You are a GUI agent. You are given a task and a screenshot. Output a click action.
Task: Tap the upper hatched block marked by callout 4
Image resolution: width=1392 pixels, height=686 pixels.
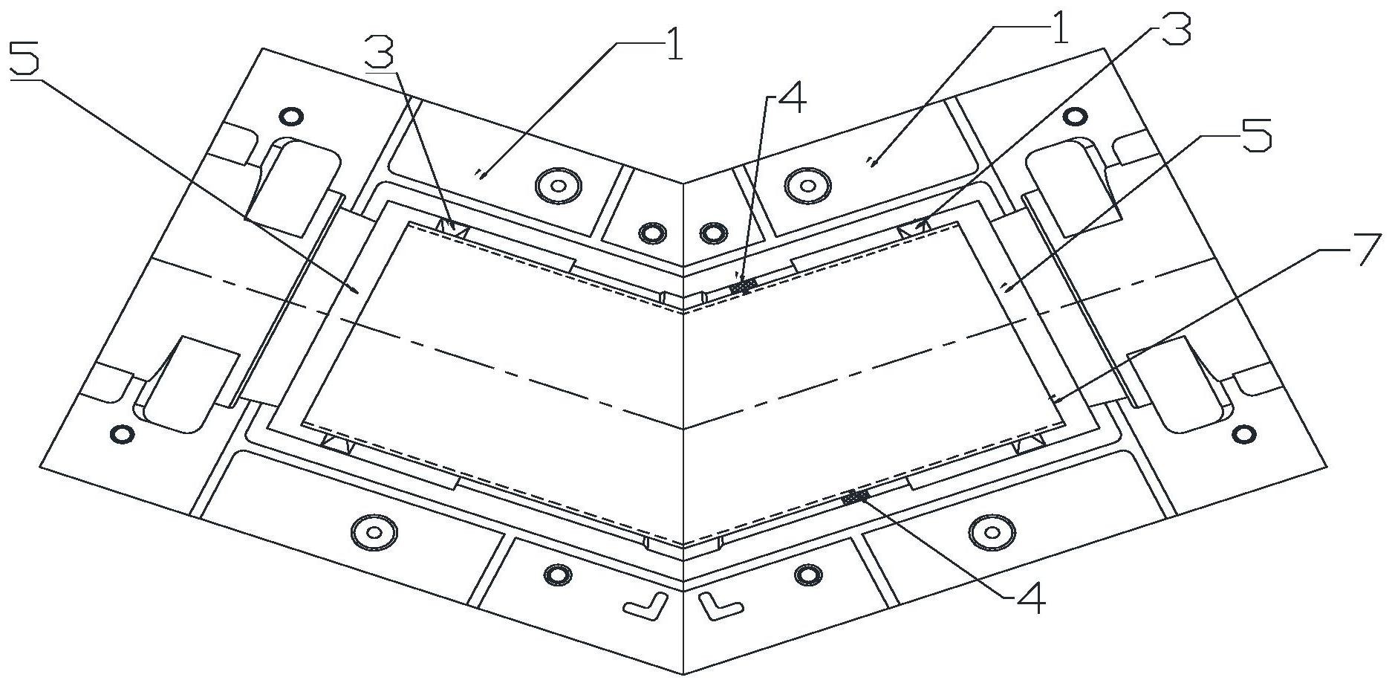point(743,285)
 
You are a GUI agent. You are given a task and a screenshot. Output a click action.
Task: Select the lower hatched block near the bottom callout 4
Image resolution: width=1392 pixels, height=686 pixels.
point(856,496)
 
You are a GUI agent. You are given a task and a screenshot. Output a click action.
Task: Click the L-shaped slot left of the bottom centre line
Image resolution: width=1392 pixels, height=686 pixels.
point(643,606)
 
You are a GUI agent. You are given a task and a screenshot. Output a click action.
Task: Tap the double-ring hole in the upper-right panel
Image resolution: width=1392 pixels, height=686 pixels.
point(807,182)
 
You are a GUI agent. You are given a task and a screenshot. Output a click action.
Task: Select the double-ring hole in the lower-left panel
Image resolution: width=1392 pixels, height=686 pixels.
point(373,532)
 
